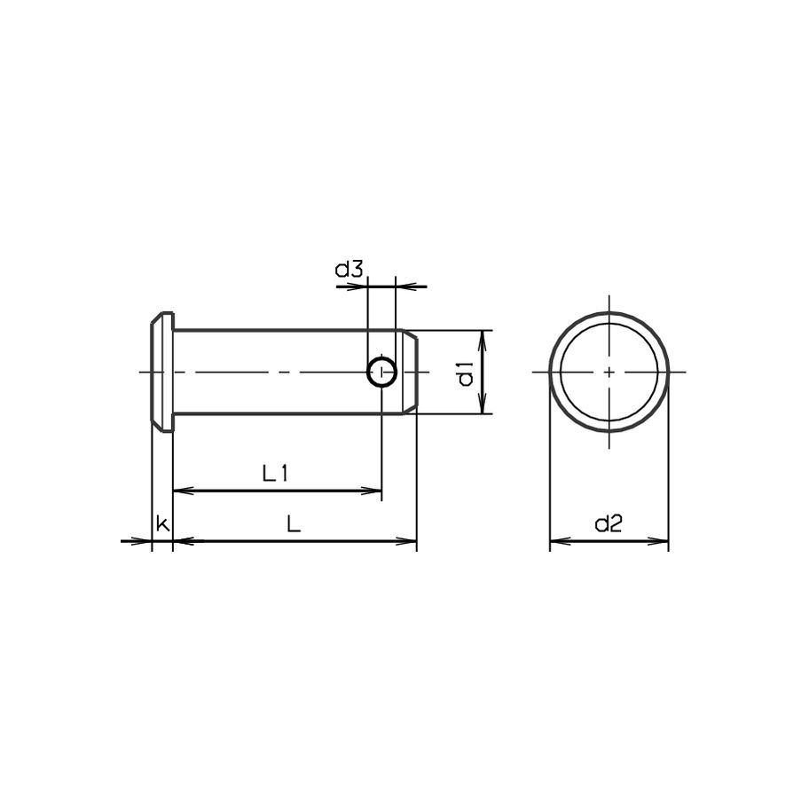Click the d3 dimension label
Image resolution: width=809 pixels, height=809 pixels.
click(x=349, y=270)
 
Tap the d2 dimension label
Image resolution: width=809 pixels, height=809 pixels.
click(x=609, y=524)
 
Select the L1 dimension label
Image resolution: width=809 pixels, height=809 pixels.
click(x=276, y=474)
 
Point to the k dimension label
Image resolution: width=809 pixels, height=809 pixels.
click(x=161, y=524)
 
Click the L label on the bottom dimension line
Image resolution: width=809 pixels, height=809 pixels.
click(x=294, y=524)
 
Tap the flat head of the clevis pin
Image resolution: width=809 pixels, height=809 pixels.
click(x=161, y=373)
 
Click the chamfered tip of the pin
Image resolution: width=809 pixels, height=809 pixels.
click(x=410, y=373)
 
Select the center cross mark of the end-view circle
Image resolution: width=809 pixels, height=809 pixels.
click(x=609, y=373)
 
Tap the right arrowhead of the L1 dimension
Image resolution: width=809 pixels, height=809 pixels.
click(x=374, y=490)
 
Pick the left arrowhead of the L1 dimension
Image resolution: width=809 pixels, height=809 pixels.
click(x=180, y=490)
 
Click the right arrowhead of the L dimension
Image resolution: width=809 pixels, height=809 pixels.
click(x=409, y=540)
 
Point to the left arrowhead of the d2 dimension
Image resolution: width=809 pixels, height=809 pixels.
click(x=558, y=540)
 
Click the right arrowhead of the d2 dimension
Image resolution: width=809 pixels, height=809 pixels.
click(x=661, y=540)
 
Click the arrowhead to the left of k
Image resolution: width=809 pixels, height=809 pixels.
click(x=145, y=540)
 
